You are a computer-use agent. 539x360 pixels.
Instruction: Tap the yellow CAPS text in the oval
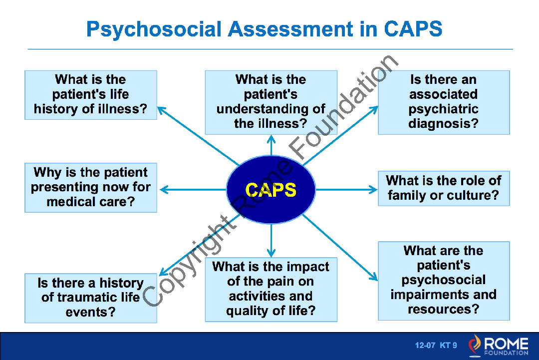271,190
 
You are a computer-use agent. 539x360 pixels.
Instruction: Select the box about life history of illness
91,95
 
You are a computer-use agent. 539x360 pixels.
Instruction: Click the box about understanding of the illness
271,102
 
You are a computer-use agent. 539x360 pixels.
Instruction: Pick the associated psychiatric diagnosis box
444,102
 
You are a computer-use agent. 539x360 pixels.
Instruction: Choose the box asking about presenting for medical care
91,187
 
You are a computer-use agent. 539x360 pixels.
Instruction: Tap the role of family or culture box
444,188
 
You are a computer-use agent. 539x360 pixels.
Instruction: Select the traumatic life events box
91,298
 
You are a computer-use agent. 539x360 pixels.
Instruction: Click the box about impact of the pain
271,290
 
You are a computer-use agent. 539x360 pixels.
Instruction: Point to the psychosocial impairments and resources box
444,281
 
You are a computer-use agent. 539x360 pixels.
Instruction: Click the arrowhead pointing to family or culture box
373,189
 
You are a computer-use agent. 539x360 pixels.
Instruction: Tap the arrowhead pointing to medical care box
164,189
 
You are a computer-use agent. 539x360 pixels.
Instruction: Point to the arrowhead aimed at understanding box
271,139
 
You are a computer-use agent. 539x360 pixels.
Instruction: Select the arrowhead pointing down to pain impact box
271,253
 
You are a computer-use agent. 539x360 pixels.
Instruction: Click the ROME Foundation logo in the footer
499,346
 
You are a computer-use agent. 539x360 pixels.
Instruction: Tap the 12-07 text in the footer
425,345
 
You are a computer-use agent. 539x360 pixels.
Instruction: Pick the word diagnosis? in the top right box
444,123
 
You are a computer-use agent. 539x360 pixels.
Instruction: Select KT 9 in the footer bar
448,345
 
